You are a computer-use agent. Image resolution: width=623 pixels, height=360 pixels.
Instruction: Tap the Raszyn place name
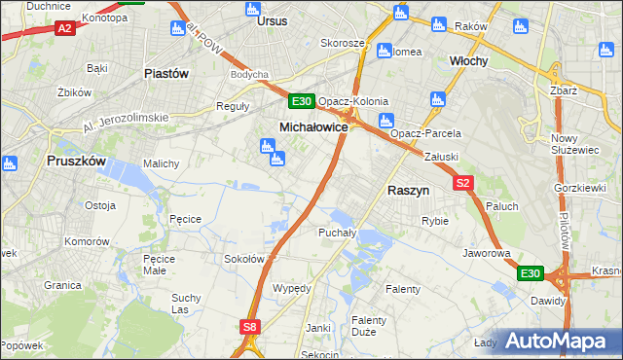(410, 192)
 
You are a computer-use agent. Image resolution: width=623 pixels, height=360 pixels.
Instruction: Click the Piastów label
(165, 73)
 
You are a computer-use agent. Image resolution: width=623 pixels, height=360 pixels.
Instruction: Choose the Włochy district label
(468, 60)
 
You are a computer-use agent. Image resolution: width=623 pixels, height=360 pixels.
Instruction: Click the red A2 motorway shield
(65, 29)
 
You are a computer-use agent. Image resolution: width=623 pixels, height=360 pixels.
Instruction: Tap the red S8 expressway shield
(250, 327)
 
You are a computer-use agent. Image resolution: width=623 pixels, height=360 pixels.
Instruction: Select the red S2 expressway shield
(462, 183)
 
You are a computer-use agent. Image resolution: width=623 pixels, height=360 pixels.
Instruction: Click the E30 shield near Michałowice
(301, 101)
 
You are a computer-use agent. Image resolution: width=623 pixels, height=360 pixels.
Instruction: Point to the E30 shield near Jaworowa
(530, 274)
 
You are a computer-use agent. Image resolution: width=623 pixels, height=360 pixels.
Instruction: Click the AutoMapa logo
(560, 341)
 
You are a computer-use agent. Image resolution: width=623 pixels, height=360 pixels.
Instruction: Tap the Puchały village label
(336, 233)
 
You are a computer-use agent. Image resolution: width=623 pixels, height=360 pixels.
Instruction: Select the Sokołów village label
(245, 259)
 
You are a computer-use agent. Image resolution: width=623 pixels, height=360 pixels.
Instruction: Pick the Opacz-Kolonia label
(353, 101)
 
